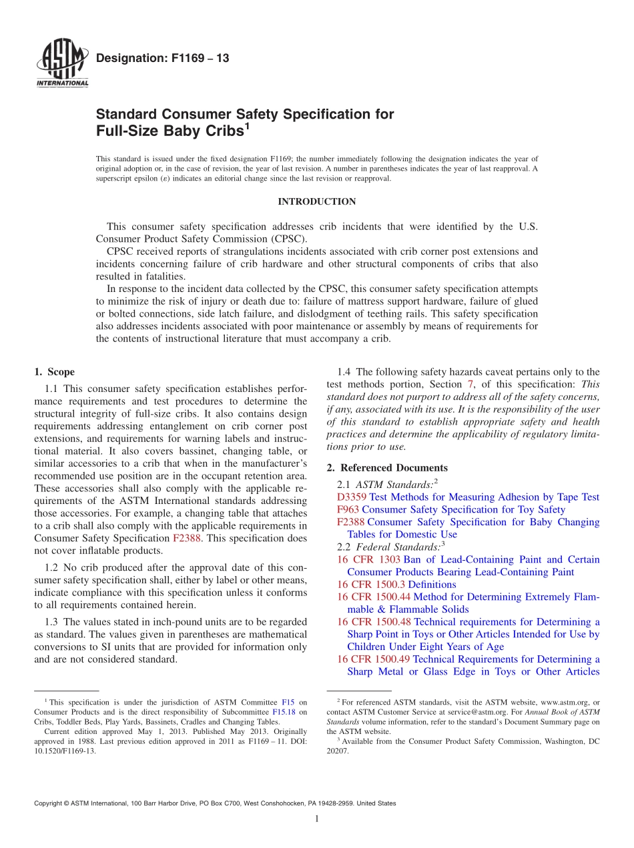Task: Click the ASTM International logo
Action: [x=61, y=65]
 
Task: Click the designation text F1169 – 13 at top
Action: [x=163, y=59]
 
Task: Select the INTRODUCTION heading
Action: [x=316, y=202]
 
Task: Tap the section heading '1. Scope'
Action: [x=55, y=372]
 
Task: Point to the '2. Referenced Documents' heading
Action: [x=387, y=468]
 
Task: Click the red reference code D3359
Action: [x=352, y=497]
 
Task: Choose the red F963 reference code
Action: [x=348, y=510]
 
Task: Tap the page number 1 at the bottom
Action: [x=317, y=819]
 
